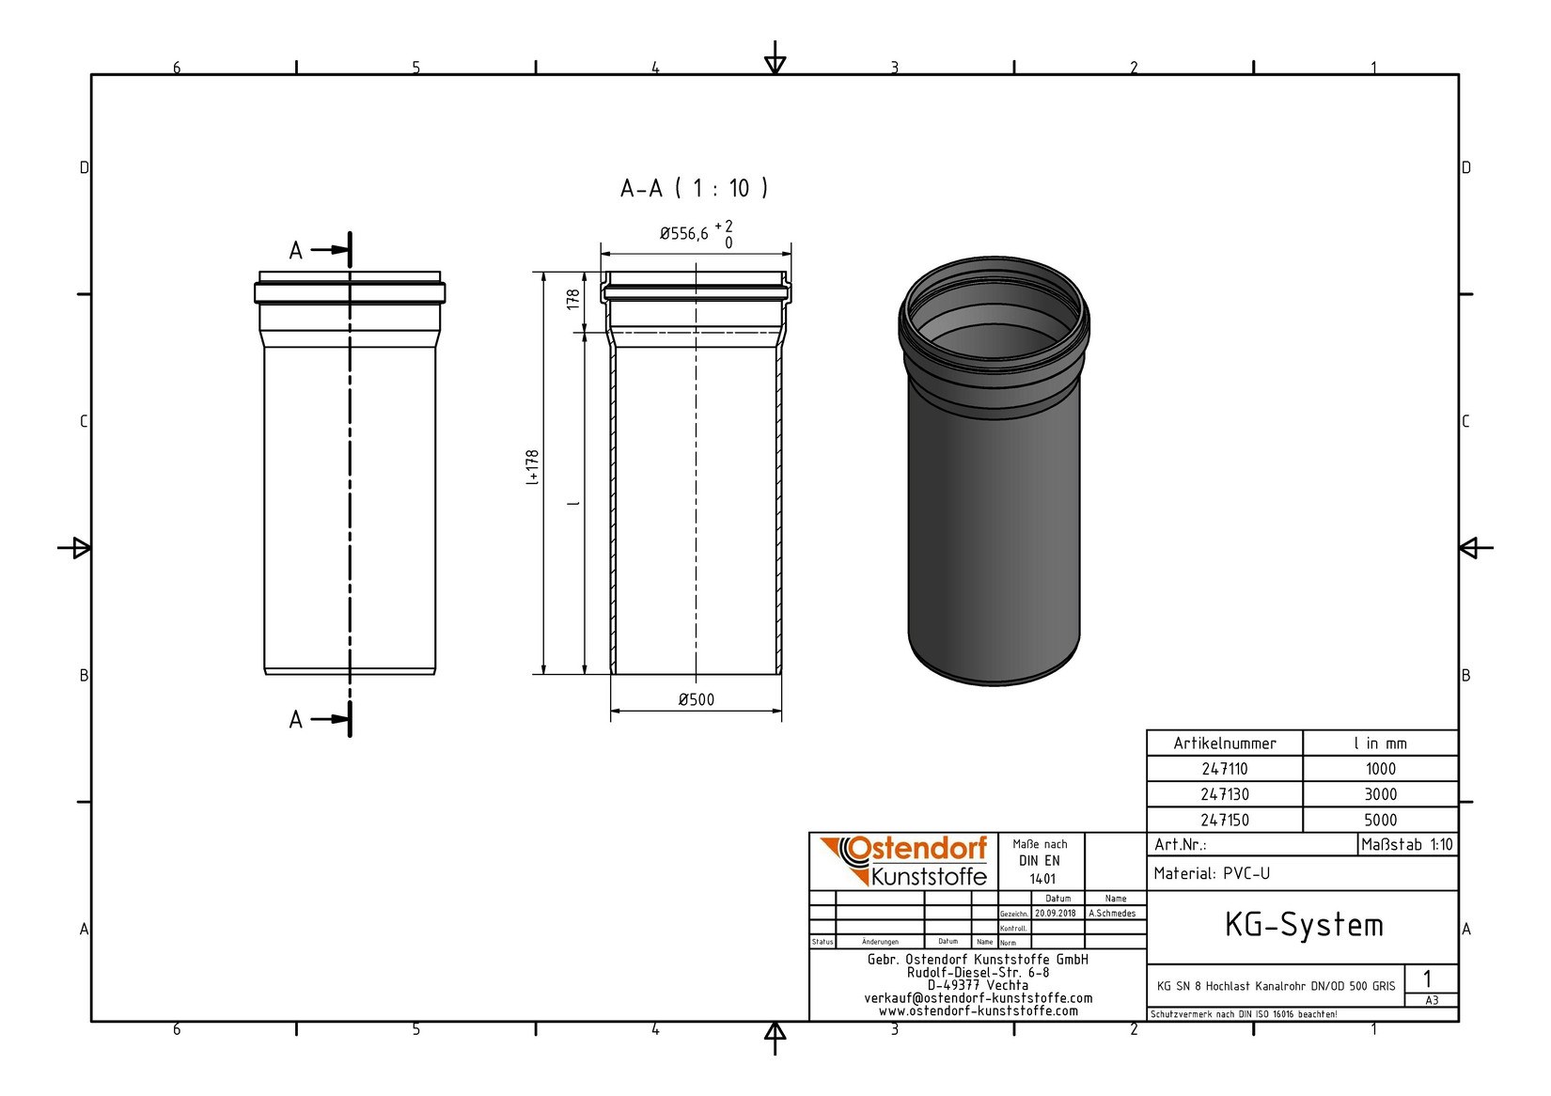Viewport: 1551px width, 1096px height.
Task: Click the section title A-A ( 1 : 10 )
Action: (694, 188)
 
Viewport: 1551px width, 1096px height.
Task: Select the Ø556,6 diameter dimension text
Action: (684, 234)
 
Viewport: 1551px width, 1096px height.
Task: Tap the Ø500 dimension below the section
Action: (696, 699)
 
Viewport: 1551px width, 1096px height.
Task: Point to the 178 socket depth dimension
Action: (572, 300)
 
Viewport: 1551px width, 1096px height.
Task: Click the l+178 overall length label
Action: (532, 467)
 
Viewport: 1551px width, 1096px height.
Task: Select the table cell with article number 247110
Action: (1224, 769)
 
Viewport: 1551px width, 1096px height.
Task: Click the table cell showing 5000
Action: (1380, 820)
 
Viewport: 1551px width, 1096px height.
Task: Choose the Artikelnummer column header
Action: (1224, 744)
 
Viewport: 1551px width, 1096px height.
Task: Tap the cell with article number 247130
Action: (1224, 794)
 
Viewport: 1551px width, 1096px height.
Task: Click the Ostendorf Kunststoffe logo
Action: (903, 861)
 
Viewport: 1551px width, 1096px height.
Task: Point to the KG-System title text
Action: (1303, 925)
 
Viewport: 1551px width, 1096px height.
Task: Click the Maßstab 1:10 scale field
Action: (1407, 844)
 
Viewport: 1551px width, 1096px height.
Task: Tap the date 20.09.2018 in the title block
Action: (1057, 913)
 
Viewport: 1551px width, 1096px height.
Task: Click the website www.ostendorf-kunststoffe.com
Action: (978, 1011)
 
